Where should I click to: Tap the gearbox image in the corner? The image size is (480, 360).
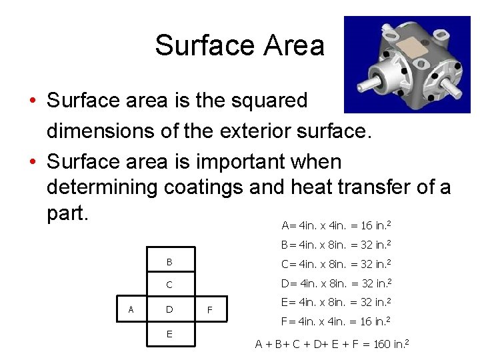point(406,65)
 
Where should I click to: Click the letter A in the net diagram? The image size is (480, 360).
point(131,309)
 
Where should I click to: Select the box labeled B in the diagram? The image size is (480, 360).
point(169,261)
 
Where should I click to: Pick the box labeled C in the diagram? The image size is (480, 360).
point(169,285)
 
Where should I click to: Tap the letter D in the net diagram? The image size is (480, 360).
point(169,309)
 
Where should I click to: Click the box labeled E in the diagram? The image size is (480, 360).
point(169,333)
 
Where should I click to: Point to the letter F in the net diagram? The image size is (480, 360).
point(210,310)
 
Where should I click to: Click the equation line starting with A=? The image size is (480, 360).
point(336,225)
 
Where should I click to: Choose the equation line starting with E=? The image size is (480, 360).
point(336,302)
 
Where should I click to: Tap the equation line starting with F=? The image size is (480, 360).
point(336,322)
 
